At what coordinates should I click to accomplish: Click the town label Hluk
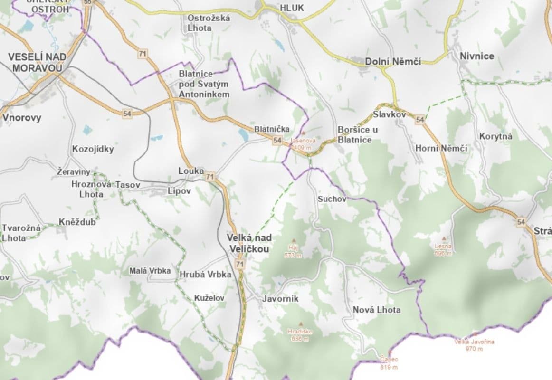point(292,8)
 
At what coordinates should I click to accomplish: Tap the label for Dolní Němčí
point(393,61)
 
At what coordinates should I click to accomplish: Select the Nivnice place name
point(476,56)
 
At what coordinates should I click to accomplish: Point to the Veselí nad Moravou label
point(37,62)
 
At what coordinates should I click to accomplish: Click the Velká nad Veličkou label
point(249,243)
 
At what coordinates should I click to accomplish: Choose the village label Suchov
point(332,199)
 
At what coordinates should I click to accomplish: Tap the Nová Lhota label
point(376,310)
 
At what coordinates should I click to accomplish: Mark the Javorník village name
point(280,299)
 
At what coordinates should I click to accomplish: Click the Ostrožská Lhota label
point(209,22)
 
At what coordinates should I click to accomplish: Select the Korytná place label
point(495,136)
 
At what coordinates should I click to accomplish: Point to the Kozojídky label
point(93,149)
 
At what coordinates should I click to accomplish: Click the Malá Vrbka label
point(150,271)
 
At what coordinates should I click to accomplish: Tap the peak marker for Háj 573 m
point(294,241)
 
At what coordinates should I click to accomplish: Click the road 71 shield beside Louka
point(210,177)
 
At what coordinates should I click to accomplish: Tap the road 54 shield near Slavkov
point(419,120)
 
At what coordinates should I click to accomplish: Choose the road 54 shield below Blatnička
point(277,141)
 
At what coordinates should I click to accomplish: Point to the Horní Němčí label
point(441,148)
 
